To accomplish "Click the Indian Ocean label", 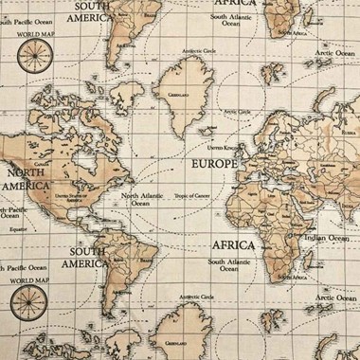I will click(x=327, y=239).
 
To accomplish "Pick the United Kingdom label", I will click(x=224, y=148).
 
